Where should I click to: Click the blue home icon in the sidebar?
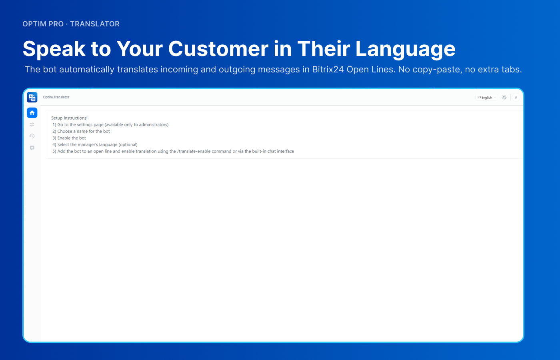click(x=32, y=113)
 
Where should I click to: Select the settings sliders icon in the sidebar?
click(x=32, y=124)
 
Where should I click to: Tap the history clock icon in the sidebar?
click(x=32, y=136)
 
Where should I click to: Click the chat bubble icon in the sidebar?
click(x=32, y=148)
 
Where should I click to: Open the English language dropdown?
click(x=486, y=98)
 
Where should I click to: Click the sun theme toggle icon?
click(x=504, y=97)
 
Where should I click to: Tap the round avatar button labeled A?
click(x=516, y=98)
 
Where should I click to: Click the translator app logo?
click(x=32, y=97)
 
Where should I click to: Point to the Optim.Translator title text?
click(x=56, y=97)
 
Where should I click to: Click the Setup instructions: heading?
click(x=69, y=118)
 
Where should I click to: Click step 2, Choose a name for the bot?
click(x=81, y=131)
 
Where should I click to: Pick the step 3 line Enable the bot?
click(x=69, y=138)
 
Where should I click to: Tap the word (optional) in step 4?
click(x=128, y=144)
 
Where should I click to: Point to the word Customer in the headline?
click(x=218, y=49)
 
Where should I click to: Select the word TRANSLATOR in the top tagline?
click(x=95, y=24)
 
